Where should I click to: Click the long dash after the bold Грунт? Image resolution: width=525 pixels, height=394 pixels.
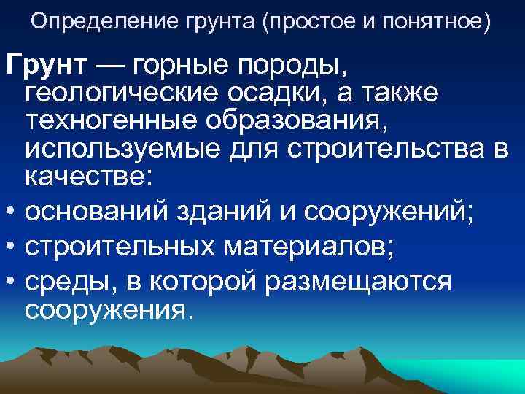pyautogui.click(x=109, y=67)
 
